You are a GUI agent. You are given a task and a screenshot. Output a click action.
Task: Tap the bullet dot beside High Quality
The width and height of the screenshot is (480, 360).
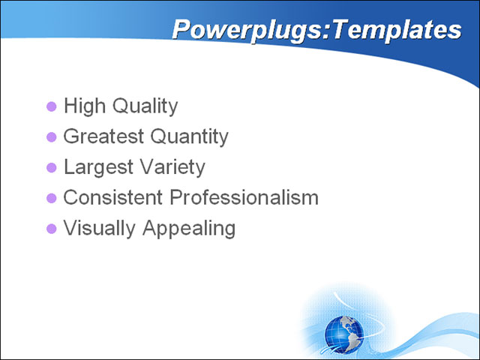point(52,106)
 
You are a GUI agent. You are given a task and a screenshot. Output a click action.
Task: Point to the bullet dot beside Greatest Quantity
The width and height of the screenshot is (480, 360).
point(52,137)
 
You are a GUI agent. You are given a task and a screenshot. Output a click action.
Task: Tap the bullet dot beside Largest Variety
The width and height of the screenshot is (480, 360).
point(52,168)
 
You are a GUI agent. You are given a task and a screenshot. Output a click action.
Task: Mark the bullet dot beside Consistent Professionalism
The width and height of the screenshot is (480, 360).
point(52,199)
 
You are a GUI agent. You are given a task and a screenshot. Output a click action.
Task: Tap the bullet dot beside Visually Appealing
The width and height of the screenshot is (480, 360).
point(52,229)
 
